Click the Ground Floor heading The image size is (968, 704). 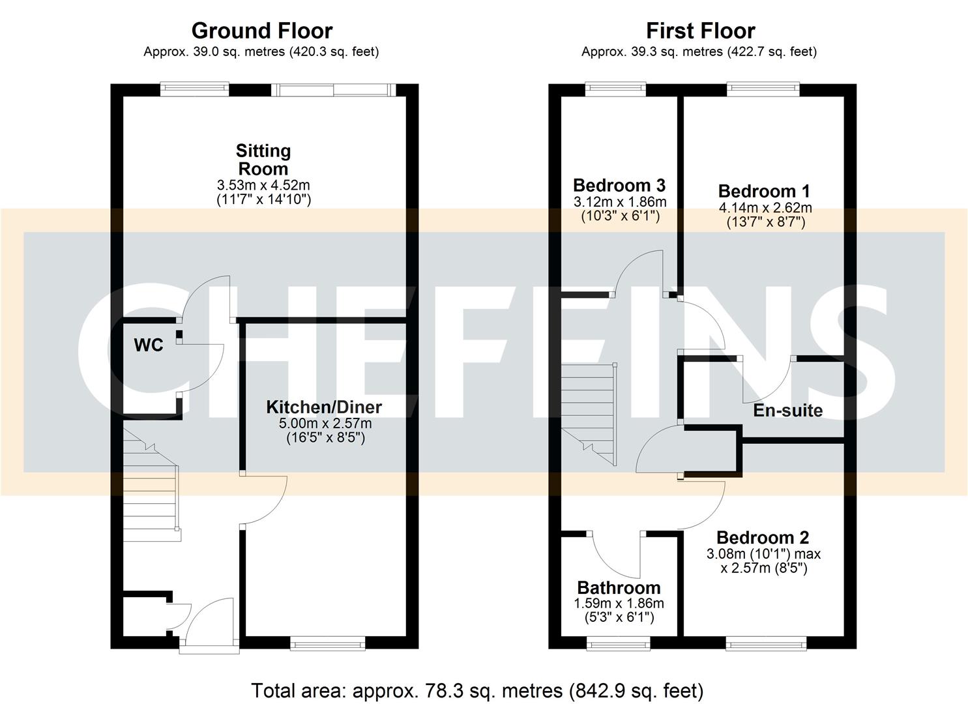(x=261, y=31)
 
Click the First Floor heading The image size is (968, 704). (x=700, y=31)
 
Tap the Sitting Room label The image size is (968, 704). (x=263, y=160)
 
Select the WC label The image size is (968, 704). (x=149, y=345)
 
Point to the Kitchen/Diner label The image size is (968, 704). (x=324, y=407)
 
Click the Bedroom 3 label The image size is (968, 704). (x=619, y=186)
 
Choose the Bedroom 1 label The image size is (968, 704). (x=764, y=191)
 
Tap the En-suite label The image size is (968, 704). (x=787, y=411)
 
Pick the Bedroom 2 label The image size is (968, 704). (x=763, y=538)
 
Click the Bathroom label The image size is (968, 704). (x=619, y=588)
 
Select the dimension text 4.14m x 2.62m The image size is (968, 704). (x=765, y=208)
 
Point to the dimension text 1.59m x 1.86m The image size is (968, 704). (x=619, y=604)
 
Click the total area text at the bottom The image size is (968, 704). (x=477, y=690)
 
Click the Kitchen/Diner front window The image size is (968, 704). (x=327, y=644)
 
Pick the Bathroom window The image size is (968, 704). (x=619, y=644)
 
